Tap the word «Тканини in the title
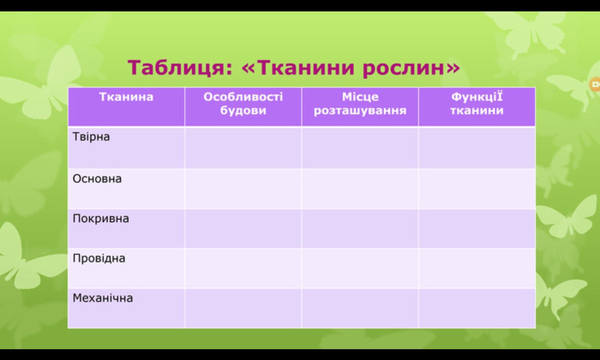point(298,67)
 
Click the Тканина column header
point(126,97)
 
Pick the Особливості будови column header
point(243,103)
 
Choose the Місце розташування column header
point(360,103)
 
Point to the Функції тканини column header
point(477,103)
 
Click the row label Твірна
point(91,137)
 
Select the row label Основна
point(97,179)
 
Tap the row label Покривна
point(101,218)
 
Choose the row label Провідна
point(99,258)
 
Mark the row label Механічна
point(103,298)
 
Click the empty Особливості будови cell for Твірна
point(243,148)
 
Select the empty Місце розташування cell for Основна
point(360,189)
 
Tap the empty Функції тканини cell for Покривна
point(477,229)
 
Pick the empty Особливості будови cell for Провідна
point(243,268)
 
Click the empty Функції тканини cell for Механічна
point(477,308)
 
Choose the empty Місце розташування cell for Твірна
point(360,148)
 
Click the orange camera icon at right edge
point(595,85)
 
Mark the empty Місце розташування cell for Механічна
point(360,308)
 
